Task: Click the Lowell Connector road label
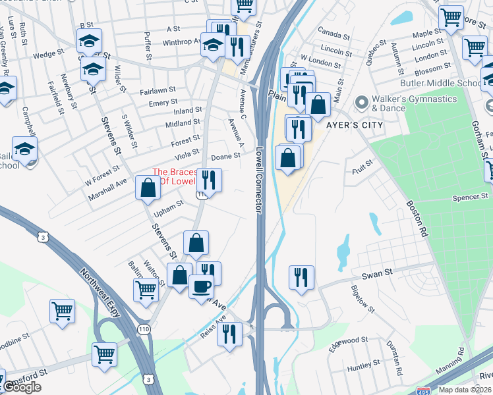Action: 259,179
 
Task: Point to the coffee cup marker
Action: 202,287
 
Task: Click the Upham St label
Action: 168,208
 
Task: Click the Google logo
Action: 22,387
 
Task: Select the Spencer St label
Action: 469,197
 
